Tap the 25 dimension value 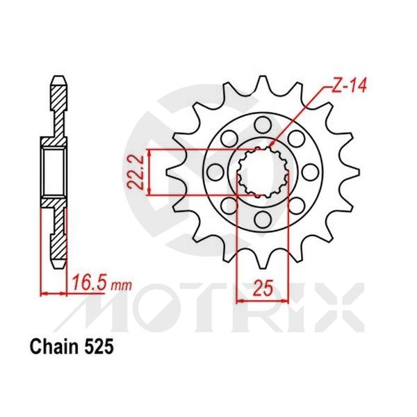[x=261, y=287]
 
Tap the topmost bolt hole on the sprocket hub [x=263, y=124]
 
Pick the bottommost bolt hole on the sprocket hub [x=263, y=220]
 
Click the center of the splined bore [x=262, y=172]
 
